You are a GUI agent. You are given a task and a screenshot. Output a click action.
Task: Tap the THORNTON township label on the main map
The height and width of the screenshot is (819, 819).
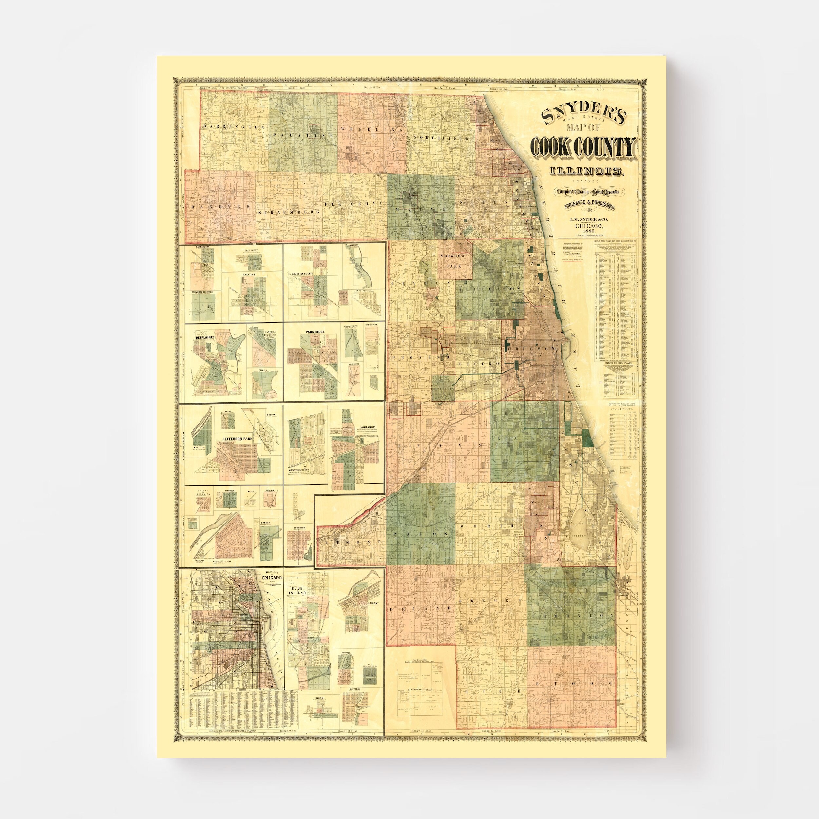tap(572, 615)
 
